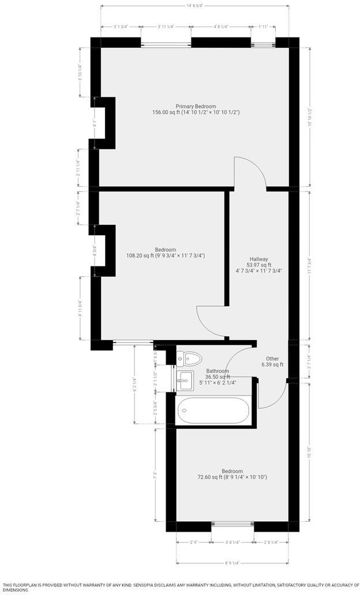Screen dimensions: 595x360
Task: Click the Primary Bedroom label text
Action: [196, 106]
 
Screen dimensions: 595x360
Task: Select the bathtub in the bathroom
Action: [213, 411]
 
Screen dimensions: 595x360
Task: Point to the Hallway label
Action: [258, 259]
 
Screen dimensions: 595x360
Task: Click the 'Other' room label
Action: [272, 358]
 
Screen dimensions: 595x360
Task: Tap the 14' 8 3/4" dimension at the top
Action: [195, 5]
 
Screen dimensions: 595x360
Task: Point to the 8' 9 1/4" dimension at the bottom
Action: [232, 563]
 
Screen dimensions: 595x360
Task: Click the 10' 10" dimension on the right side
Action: [310, 454]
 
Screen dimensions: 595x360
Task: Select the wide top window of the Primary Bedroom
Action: [166, 43]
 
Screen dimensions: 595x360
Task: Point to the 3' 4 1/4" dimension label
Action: [232, 542]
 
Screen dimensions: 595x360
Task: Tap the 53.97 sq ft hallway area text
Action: [258, 265]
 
